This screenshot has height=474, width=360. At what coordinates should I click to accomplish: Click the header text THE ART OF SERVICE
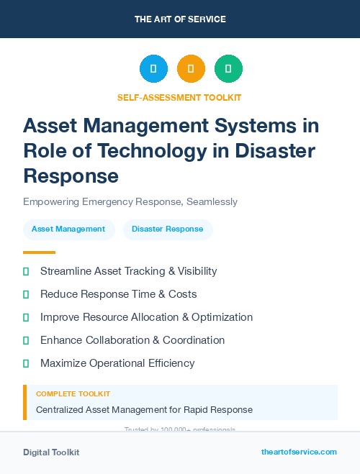pos(180,19)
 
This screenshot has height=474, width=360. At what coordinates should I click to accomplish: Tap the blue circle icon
pos(153,69)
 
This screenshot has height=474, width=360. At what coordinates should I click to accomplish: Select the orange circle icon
pos(191,69)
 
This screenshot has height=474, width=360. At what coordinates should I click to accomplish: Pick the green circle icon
pos(228,69)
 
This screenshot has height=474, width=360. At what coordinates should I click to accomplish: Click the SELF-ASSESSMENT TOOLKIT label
pos(179,97)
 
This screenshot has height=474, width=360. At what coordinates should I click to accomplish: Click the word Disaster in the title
pos(276,150)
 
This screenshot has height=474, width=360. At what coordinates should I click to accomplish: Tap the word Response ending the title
pos(71,175)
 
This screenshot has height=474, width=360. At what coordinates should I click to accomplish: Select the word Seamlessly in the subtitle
pos(212,202)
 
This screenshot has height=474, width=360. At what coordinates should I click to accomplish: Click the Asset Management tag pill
pos(68,229)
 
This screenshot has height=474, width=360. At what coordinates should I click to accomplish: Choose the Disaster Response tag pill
pos(168,229)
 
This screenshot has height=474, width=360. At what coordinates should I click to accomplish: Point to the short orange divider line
pos(39,252)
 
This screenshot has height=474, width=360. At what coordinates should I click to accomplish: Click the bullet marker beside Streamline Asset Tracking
pos(27,272)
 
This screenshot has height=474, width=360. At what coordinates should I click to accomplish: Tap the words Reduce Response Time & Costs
pos(118,294)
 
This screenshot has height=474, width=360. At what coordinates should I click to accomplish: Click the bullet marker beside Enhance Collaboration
pos(27,340)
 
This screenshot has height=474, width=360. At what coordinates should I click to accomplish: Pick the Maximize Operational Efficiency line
pos(117,363)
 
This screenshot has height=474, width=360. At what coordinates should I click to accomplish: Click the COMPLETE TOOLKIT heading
pos(73,394)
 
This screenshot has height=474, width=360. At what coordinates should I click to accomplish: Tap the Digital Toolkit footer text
pos(51,452)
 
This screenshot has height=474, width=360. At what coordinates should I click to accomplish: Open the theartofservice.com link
pos(299,452)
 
